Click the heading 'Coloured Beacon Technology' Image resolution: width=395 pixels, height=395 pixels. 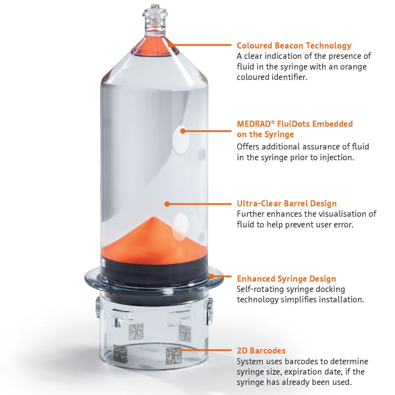tap(294, 45)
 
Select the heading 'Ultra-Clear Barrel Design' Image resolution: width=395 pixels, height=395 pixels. tap(287, 203)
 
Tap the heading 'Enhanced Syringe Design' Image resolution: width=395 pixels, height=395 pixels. tap(286, 279)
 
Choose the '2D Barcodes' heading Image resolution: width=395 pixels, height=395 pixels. tap(261, 351)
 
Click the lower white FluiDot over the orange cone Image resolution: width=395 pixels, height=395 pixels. tap(181, 227)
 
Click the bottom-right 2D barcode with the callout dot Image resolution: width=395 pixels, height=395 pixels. tap(173, 356)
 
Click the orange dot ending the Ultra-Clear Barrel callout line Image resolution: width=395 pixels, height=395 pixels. tap(167, 203)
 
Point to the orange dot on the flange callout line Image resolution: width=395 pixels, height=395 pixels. tap(212, 276)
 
